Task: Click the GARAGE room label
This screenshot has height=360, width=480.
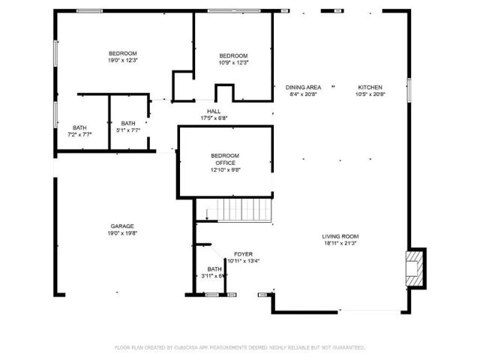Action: (x=122, y=226)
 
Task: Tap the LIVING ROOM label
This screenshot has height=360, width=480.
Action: (x=340, y=235)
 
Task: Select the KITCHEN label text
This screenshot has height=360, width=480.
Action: (x=370, y=87)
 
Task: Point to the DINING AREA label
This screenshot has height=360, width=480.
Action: (x=304, y=87)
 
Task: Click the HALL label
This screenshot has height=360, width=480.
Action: (x=214, y=111)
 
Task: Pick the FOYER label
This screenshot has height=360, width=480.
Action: (x=243, y=254)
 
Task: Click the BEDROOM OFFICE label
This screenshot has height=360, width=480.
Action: (x=225, y=159)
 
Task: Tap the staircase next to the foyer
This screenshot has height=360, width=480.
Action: (x=238, y=209)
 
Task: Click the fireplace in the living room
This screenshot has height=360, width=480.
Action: (x=415, y=267)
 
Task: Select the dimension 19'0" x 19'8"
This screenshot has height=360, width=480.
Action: (x=122, y=233)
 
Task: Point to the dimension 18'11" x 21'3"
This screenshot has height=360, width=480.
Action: (x=340, y=242)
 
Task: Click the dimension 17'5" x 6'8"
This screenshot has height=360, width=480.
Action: (x=214, y=118)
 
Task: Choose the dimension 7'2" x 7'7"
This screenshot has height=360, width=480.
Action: (x=79, y=134)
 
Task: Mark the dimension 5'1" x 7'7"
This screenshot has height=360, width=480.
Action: (x=129, y=130)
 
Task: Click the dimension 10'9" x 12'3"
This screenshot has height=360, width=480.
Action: (x=233, y=63)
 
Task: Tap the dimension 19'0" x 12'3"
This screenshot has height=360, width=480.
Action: (x=122, y=60)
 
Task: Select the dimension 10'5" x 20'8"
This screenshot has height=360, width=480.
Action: (x=370, y=94)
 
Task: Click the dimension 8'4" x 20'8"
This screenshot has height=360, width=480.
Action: (x=304, y=94)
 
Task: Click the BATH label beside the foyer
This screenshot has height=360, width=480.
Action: (x=214, y=268)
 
